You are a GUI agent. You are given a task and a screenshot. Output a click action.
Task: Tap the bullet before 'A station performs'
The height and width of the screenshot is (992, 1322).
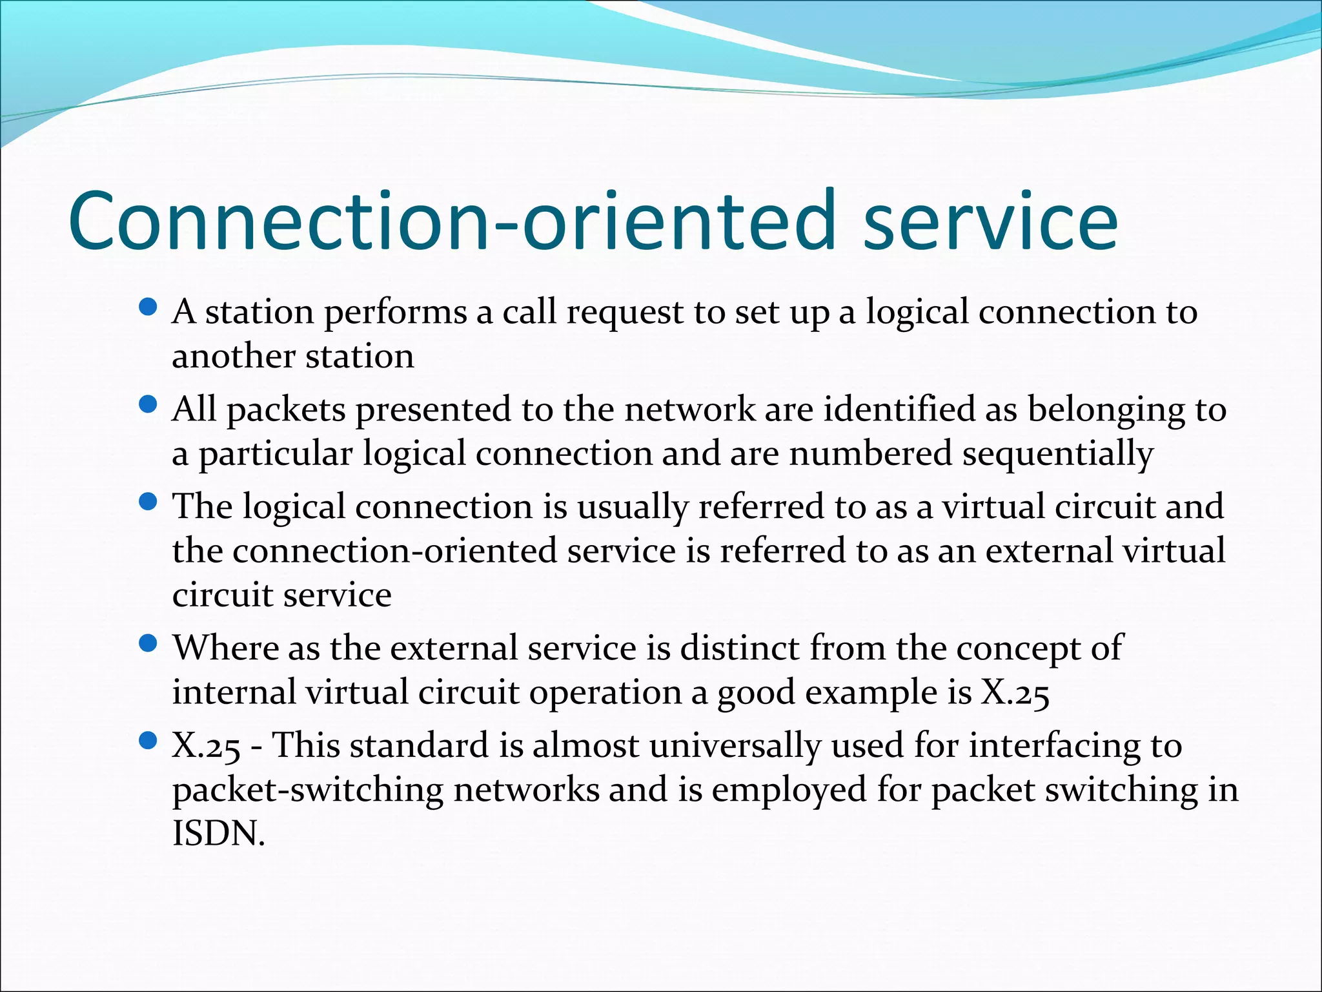click(148, 307)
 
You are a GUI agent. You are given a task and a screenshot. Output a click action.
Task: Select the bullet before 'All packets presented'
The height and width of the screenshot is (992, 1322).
click(148, 405)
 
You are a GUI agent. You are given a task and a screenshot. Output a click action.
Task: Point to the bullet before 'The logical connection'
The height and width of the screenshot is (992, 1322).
click(148, 502)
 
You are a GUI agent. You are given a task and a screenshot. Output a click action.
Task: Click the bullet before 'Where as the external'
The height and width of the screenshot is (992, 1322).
click(148, 643)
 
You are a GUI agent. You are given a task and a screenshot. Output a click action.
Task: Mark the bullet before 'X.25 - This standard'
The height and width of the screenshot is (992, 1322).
click(148, 741)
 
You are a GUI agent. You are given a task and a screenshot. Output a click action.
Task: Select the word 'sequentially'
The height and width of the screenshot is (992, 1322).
click(1057, 455)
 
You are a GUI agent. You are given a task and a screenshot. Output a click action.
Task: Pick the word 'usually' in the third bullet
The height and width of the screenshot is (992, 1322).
click(632, 508)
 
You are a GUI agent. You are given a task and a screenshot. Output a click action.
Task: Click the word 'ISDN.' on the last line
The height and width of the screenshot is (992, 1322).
click(219, 834)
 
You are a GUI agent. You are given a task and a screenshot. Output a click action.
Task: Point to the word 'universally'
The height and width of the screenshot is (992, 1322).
click(735, 747)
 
